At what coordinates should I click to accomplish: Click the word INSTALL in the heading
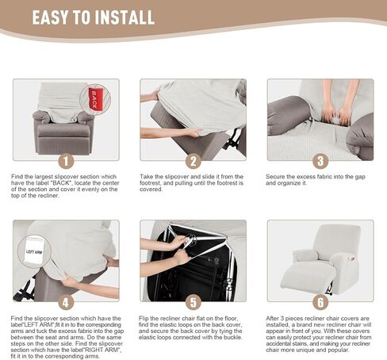coord(125,17)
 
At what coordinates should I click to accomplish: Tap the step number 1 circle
coord(66,161)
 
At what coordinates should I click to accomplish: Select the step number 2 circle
coord(193,161)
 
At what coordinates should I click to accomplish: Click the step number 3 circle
coord(320,161)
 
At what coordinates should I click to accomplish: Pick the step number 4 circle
coord(66,302)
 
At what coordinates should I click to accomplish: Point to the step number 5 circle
coord(193,302)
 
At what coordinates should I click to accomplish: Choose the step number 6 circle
coord(320,302)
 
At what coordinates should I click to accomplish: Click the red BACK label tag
coord(94,99)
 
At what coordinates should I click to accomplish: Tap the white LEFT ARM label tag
coord(34,251)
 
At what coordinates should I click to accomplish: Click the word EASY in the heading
coord(50,17)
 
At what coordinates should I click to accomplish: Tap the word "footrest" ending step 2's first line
coord(231,177)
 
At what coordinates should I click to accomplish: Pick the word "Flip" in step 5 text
coord(144,319)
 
